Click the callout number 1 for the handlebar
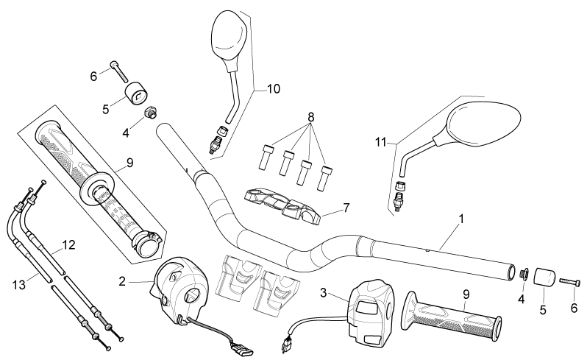coord(461,219)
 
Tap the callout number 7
coord(346,207)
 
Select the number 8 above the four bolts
coord(310,117)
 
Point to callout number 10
coord(274,89)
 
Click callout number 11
coord(381,142)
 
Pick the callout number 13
coord(18,285)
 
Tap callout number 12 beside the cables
coord(68,245)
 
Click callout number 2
coord(122,281)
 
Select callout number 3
coord(324,292)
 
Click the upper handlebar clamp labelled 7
coord(282,206)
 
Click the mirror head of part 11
coord(484,122)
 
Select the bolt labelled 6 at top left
coord(118,72)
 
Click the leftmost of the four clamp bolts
coord(265,157)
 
